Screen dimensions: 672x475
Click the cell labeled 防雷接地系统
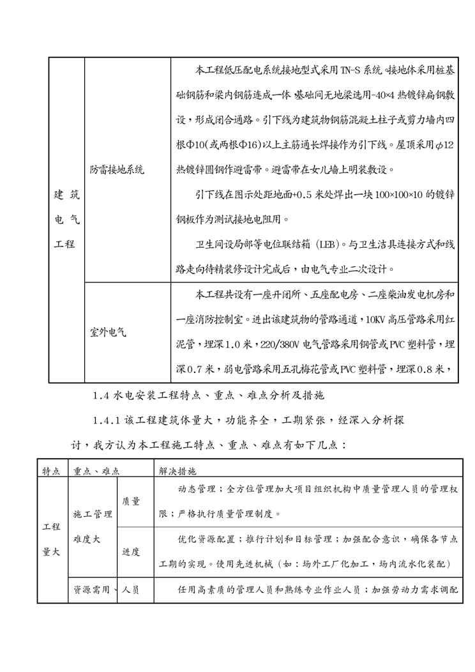point(117,170)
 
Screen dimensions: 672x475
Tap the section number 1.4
point(102,396)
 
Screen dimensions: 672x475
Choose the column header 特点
point(51,471)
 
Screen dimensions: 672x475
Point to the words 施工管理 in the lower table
point(93,514)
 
